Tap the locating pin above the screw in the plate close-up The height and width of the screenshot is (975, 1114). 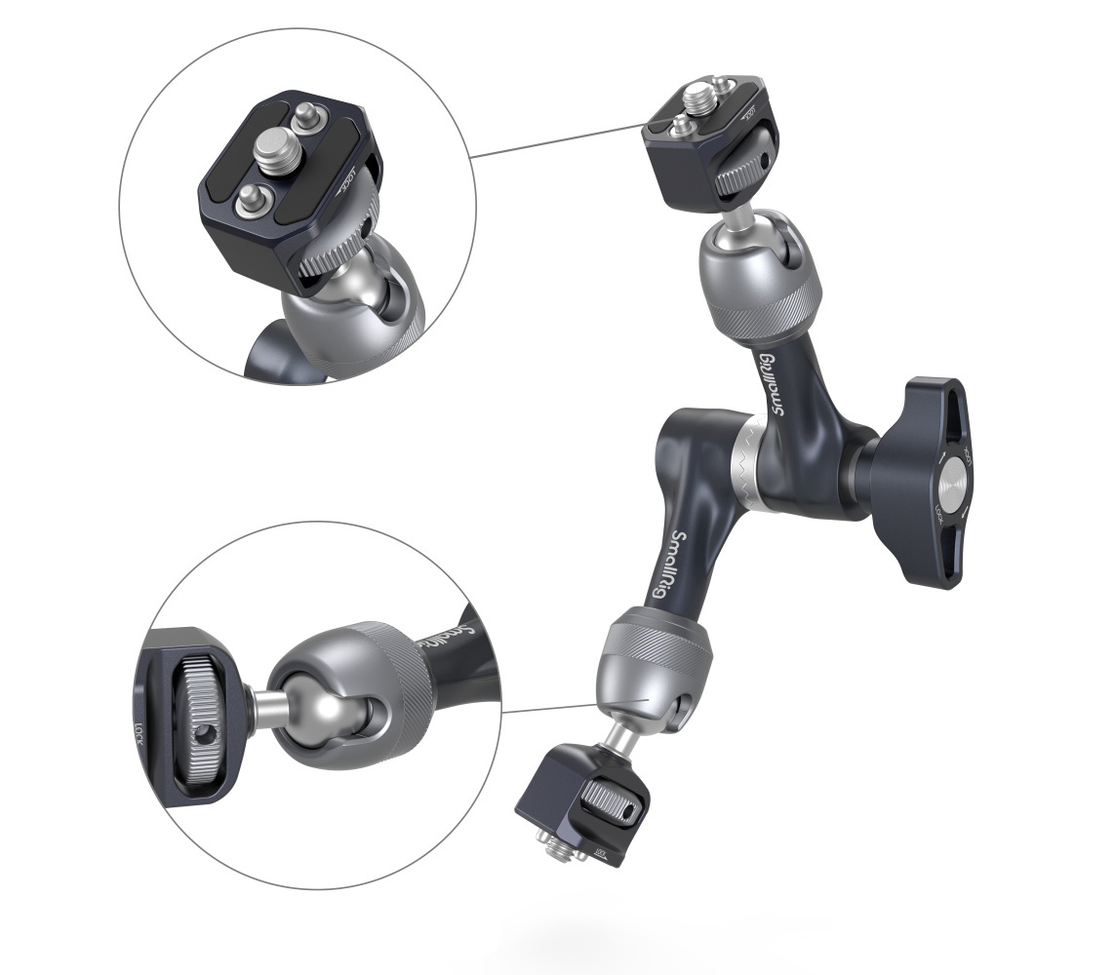click(x=308, y=113)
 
